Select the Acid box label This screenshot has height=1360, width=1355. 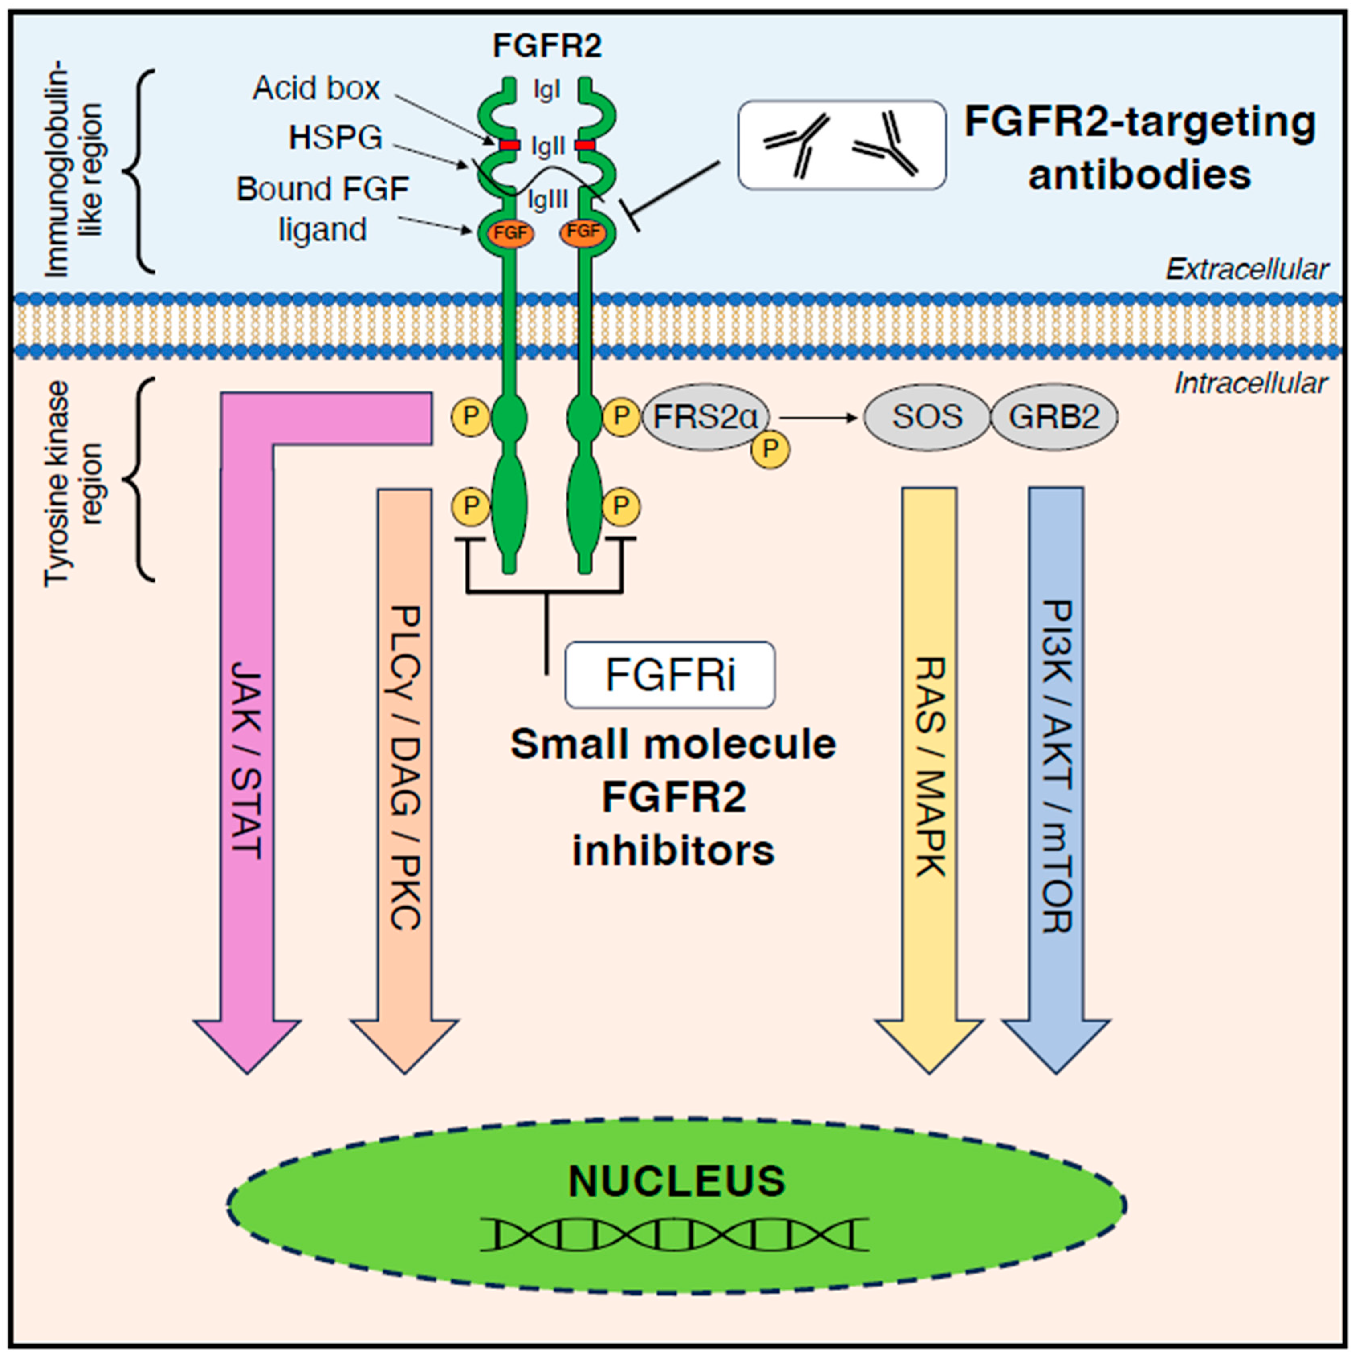[x=316, y=89]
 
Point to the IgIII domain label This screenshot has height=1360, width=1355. [x=548, y=201]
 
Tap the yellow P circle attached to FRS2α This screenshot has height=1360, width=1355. [x=770, y=448]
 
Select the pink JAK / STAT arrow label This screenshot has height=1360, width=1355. [x=247, y=760]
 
